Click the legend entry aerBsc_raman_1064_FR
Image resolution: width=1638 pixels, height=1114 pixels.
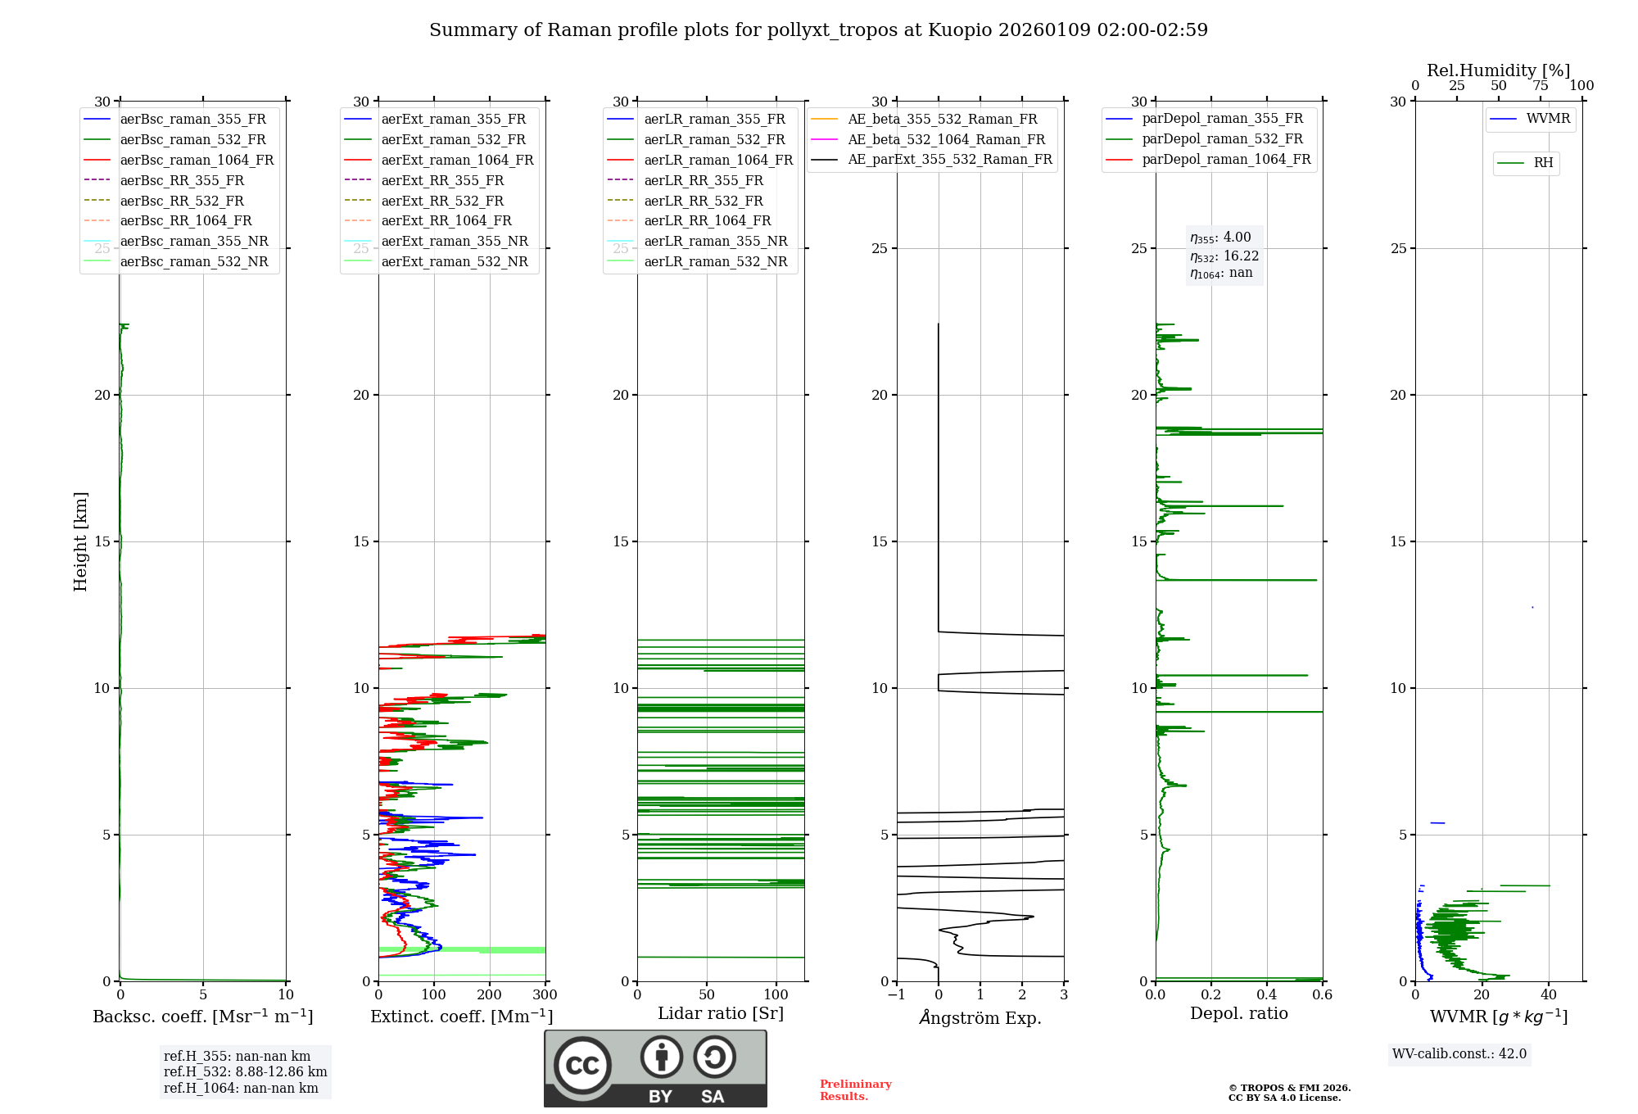click(x=197, y=160)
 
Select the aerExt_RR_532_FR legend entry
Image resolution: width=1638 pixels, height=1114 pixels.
click(x=442, y=201)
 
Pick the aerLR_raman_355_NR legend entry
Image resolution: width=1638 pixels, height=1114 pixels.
click(x=715, y=241)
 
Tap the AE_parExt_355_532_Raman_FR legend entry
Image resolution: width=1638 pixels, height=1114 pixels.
click(x=949, y=159)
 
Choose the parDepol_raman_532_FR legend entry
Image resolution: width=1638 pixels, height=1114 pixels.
click(x=1222, y=138)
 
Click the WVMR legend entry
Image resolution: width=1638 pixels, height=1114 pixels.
click(x=1548, y=119)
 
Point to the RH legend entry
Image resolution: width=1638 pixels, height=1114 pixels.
click(x=1543, y=162)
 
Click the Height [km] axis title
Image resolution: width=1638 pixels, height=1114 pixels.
click(x=80, y=541)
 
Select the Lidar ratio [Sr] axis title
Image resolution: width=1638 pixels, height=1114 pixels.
click(x=721, y=1013)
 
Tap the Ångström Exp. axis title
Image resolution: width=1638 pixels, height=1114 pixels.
click(x=980, y=1017)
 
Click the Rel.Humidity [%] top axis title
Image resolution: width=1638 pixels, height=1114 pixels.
click(x=1498, y=70)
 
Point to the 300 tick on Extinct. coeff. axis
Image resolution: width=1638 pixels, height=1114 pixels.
click(x=545, y=995)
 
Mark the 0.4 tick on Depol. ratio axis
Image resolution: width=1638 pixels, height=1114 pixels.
click(x=1267, y=995)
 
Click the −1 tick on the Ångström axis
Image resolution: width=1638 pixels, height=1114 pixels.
click(x=897, y=995)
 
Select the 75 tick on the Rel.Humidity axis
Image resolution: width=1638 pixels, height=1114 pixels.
click(x=1541, y=86)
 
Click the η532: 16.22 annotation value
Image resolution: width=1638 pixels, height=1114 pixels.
click(x=1224, y=256)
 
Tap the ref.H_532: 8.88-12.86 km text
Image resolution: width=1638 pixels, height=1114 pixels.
click(x=245, y=1071)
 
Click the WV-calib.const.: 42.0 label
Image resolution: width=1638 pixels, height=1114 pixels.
click(x=1459, y=1053)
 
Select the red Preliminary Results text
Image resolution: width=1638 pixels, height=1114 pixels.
click(x=855, y=1089)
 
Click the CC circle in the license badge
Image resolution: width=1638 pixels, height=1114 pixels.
click(x=582, y=1065)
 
